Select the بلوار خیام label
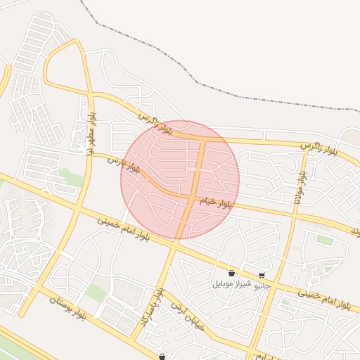point(215,202)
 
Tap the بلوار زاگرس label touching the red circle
point(155,122)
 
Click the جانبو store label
point(262,286)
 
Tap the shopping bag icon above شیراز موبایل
point(231,274)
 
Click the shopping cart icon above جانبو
point(262,276)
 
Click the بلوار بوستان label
point(67,308)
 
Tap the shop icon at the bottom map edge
point(162,356)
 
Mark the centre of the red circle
point(180,180)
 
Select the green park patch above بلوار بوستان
point(96,292)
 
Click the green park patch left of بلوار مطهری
point(70,176)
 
